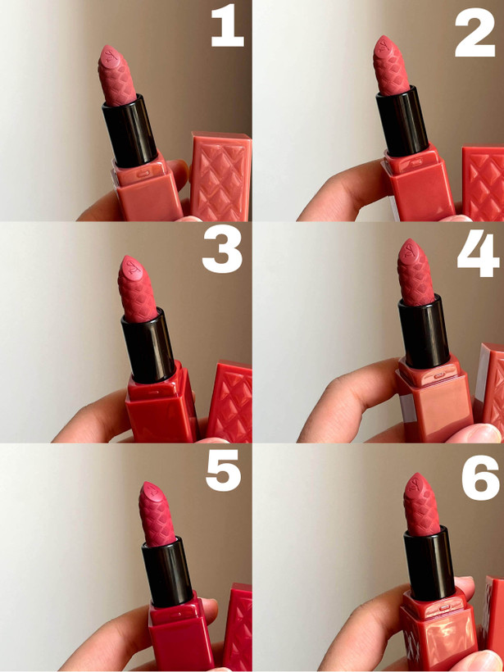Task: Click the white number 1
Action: point(228,25)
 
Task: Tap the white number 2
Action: point(474,32)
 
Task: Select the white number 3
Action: point(222,249)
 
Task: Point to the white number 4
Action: point(479,253)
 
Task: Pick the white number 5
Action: point(223,470)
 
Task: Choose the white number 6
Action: point(480,478)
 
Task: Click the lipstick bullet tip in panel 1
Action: point(106,48)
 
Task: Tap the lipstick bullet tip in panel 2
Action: point(381,39)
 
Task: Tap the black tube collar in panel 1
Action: point(130,131)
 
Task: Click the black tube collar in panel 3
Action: point(149,346)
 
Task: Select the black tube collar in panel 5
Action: point(167,571)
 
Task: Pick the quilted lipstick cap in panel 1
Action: point(220,176)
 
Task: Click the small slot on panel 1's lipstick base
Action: point(143,174)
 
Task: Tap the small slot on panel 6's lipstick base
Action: point(444,607)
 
